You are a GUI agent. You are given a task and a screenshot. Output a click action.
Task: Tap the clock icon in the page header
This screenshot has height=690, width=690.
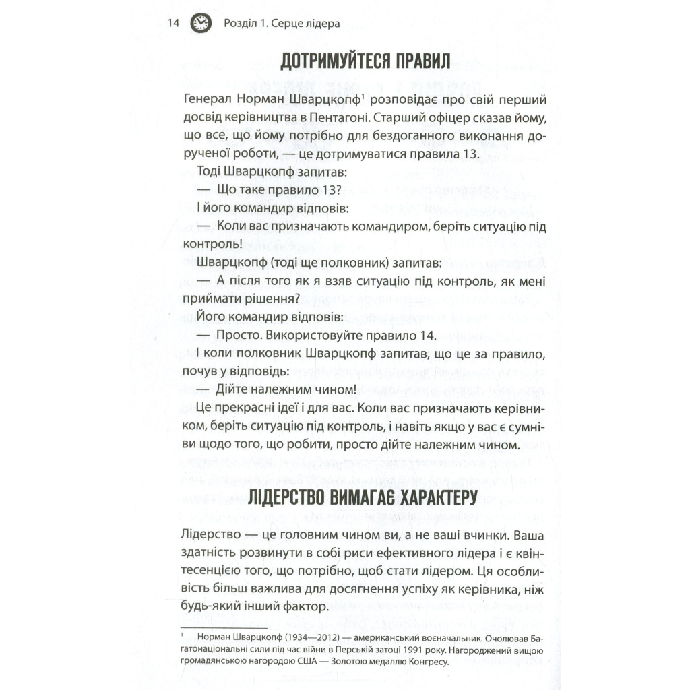pos(199,24)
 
